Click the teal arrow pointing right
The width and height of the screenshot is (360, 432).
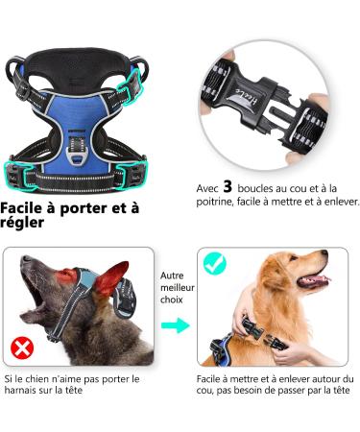click(176, 325)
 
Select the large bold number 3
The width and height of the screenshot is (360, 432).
click(228, 186)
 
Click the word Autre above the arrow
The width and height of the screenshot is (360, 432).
click(174, 274)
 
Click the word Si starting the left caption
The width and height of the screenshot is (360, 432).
click(8, 378)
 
